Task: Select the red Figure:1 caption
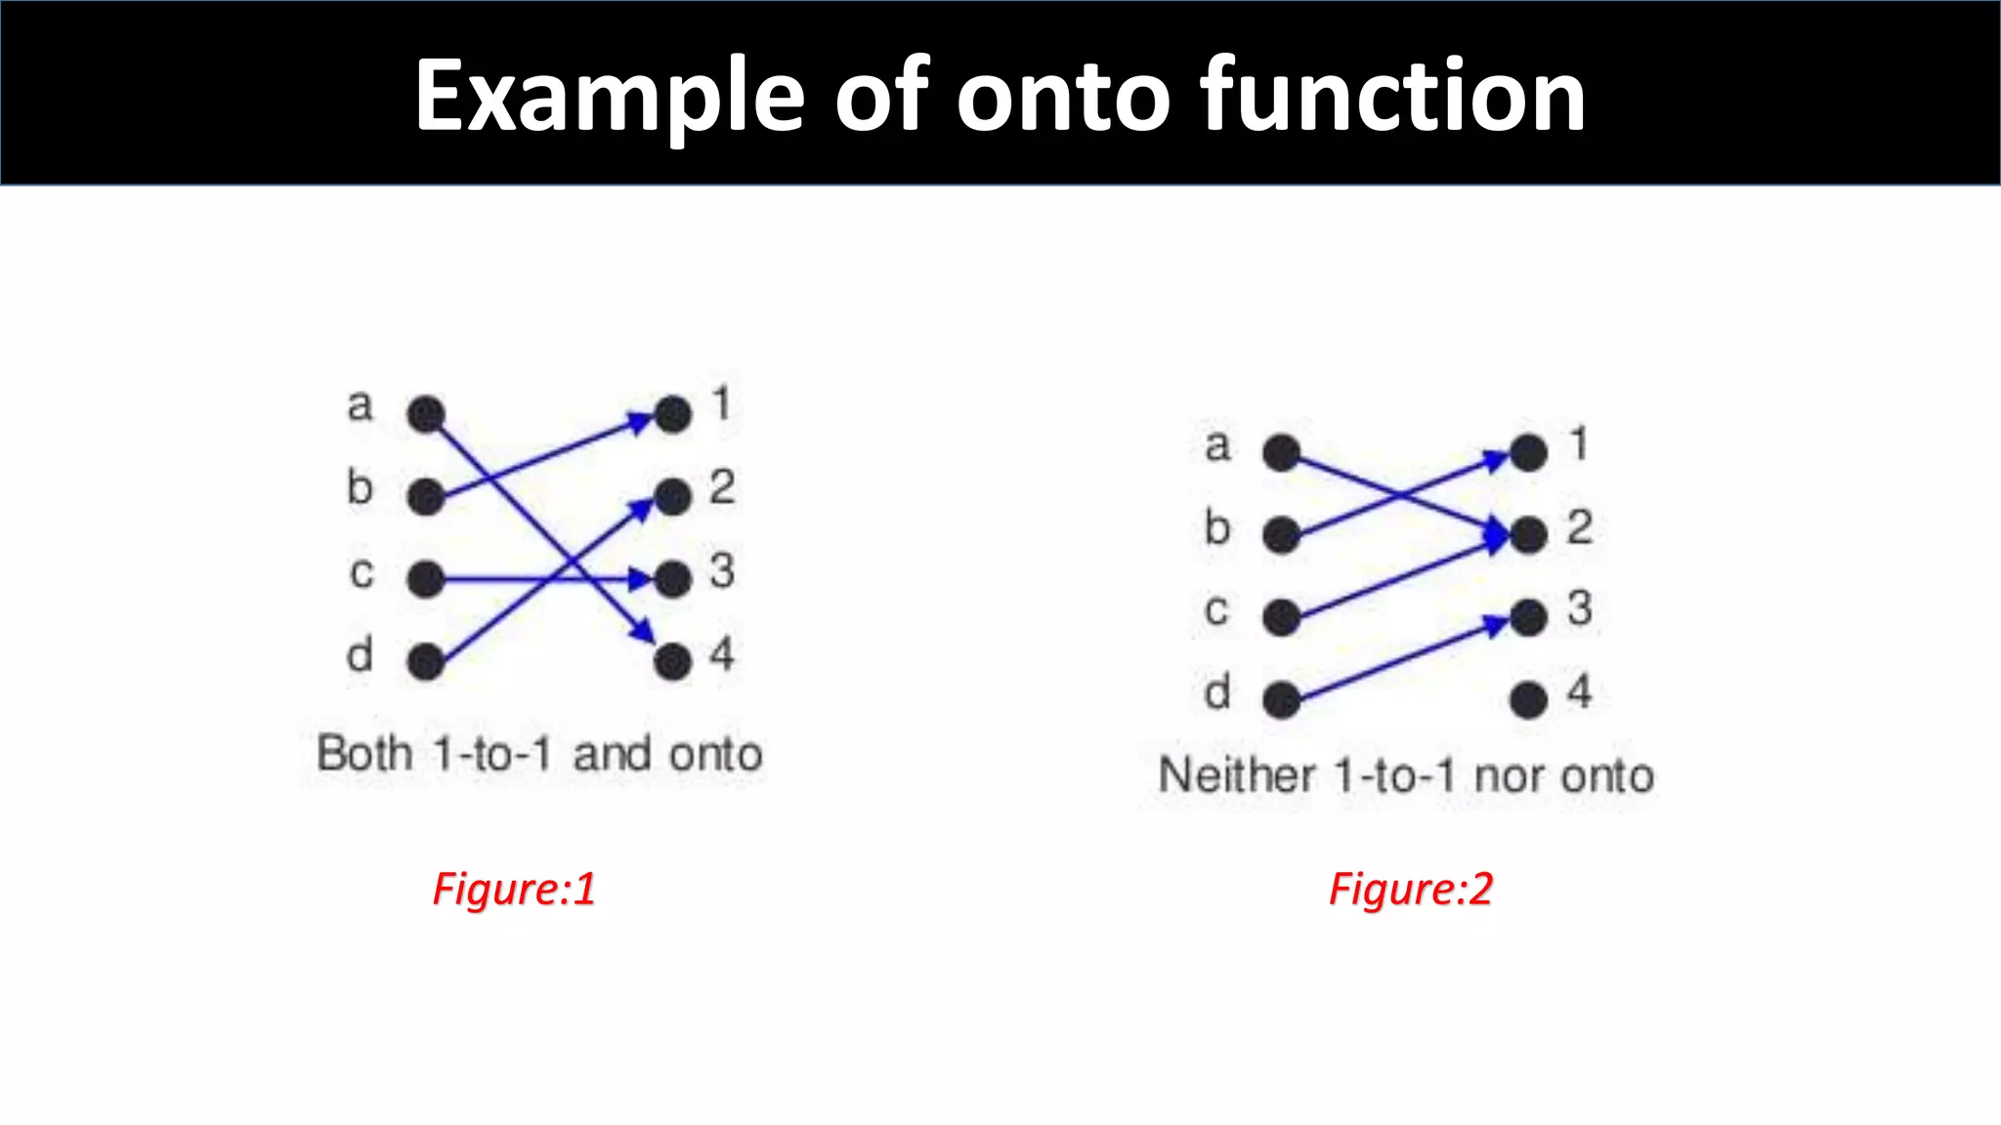514,889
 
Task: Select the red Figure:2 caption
1410,889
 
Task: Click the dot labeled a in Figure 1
426,414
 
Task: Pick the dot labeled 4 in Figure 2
1528,699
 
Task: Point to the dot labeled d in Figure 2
1281,699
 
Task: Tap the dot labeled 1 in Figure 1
673,414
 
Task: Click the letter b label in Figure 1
360,487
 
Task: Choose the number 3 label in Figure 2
1580,608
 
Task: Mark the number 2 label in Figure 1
722,487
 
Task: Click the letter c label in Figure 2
1216,610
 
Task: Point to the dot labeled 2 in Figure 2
1528,534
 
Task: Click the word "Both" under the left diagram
364,754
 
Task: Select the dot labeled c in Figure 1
426,580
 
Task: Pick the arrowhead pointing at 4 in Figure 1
643,632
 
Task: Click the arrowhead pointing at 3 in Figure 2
1496,624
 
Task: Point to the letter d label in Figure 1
360,654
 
